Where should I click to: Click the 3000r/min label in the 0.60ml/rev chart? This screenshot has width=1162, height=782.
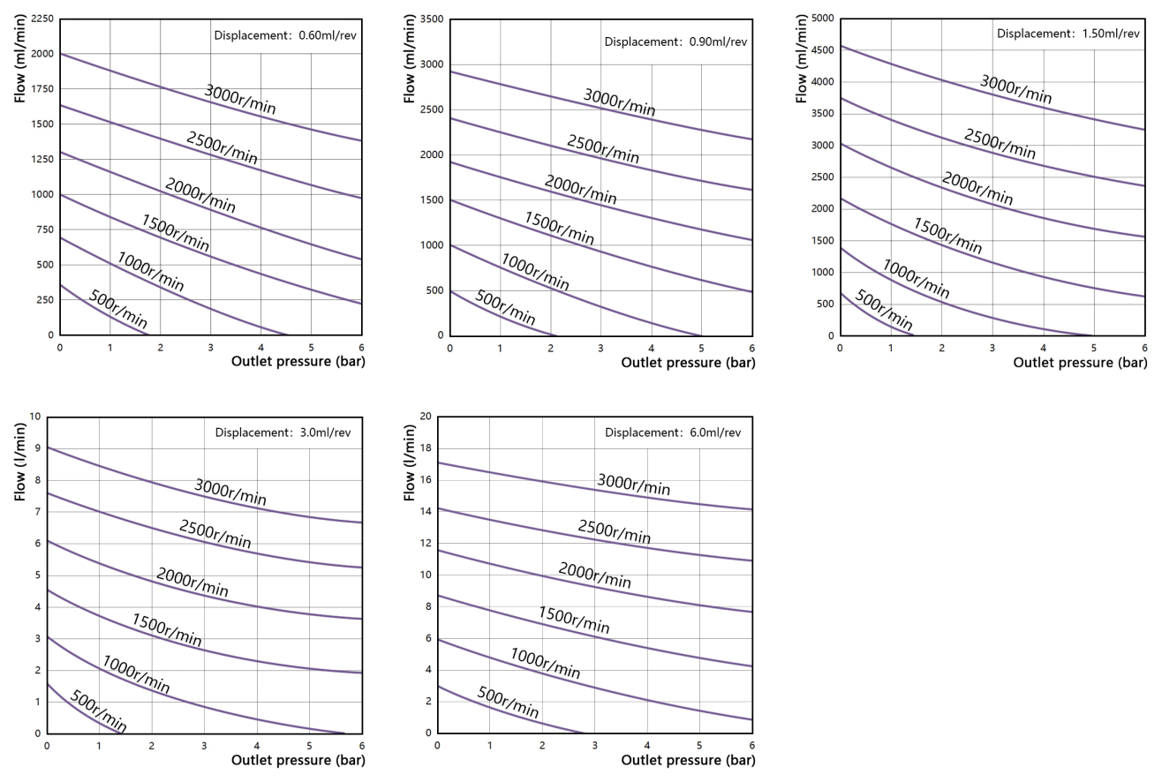240,101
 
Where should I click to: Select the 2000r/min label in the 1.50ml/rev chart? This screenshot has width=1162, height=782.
977,189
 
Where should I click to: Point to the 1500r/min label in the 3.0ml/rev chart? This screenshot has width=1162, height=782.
167,628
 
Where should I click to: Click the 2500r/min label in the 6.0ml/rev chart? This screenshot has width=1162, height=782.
615,531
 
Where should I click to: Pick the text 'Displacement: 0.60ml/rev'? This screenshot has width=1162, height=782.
282,36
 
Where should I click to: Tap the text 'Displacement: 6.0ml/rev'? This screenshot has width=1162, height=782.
673,432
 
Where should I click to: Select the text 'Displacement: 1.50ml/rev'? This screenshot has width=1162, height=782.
1066,34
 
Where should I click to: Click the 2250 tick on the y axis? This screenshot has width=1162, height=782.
40,19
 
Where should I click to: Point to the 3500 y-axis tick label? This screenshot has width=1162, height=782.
431,19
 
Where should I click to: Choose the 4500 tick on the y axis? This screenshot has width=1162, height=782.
822,50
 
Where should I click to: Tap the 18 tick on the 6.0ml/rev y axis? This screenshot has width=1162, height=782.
426,448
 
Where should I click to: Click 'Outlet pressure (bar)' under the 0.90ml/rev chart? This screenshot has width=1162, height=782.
688,362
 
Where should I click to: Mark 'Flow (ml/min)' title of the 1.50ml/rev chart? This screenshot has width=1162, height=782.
802,55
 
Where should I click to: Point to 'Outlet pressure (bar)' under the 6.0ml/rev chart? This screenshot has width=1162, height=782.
689,759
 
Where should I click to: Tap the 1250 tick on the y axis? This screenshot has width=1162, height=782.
40,159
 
